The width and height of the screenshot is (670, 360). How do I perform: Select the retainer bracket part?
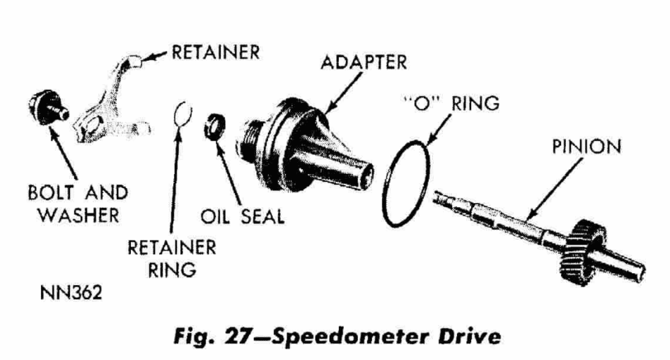click(x=109, y=103)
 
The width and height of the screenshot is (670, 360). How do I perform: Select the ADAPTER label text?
click(x=364, y=62)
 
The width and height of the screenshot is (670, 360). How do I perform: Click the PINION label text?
click(x=587, y=146)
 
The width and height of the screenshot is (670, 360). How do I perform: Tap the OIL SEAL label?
click(x=242, y=216)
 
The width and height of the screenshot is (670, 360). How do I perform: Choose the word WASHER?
click(x=79, y=215)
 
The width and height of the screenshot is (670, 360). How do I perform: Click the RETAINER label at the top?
click(x=216, y=52)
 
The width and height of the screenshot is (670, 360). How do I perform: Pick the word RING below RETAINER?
click(x=172, y=270)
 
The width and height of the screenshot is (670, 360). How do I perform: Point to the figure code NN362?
click(x=71, y=293)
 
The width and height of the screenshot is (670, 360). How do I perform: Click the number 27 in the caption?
click(x=236, y=336)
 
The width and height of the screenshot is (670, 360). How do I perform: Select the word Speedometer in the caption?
click(x=350, y=337)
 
